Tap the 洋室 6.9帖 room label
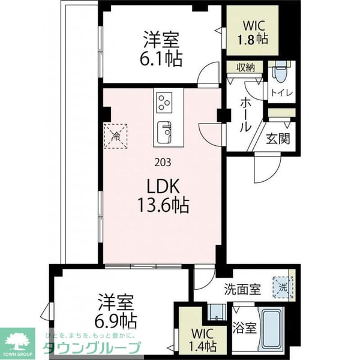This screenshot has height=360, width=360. pyautogui.click(x=118, y=308)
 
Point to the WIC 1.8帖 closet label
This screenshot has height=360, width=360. pyautogui.click(x=255, y=32)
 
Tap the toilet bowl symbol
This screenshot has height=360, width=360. pyautogui.click(x=278, y=75)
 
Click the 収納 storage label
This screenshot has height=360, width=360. pyautogui.click(x=245, y=68)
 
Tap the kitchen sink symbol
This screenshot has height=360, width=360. pyautogui.click(x=164, y=131)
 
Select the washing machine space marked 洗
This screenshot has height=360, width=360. pyautogui.click(x=282, y=286)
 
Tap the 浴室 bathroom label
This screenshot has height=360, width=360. pyautogui.click(x=244, y=329)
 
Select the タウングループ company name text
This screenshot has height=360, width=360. pyautogui.click(x=91, y=348)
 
